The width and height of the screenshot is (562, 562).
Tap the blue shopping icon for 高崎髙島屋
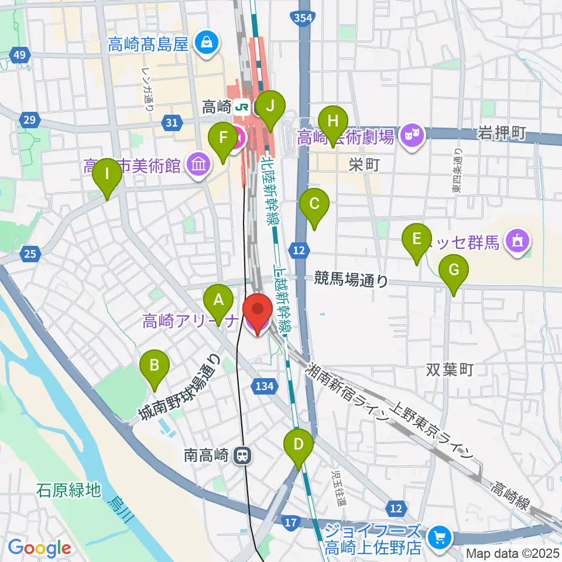[x=206, y=42]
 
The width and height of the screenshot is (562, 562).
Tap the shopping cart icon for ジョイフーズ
[x=440, y=536]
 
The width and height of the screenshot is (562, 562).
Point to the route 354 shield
[x=303, y=18]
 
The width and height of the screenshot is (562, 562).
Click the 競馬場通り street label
[x=351, y=280]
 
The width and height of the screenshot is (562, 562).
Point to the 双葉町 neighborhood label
[x=449, y=370]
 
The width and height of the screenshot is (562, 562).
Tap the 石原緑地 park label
[x=68, y=489]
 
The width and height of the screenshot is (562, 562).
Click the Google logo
[x=40, y=548]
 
